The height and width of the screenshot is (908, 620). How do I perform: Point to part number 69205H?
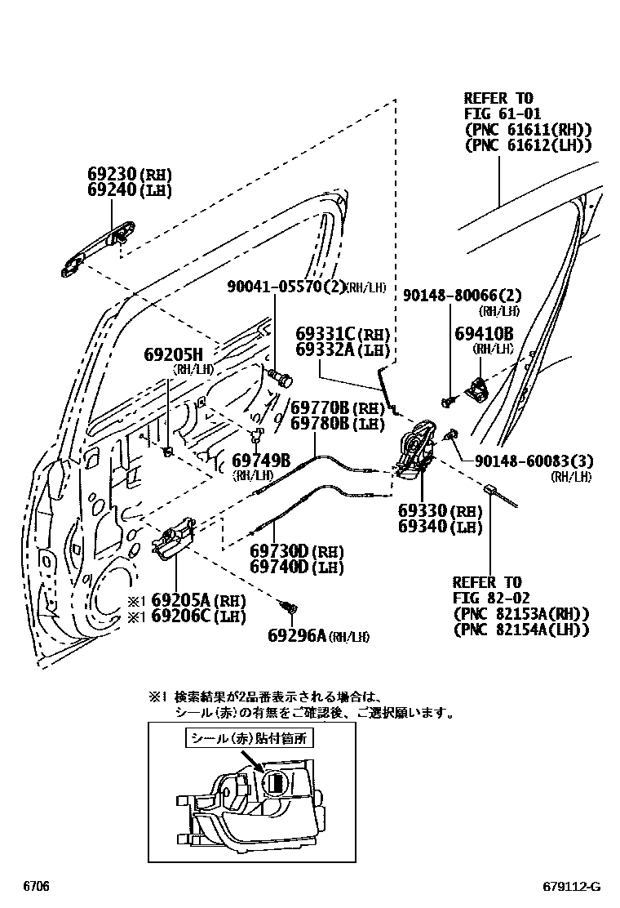tap(172, 354)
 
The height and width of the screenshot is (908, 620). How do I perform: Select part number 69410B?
tap(485, 333)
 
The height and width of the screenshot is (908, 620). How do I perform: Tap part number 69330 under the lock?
tap(421, 510)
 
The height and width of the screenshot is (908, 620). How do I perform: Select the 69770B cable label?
tap(320, 407)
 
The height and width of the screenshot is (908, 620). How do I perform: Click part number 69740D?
tap(278, 567)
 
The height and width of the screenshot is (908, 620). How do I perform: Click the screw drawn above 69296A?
tap(288, 607)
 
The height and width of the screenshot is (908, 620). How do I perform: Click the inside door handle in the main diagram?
tap(174, 540)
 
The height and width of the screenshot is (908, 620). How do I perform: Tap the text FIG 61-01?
tap(503, 114)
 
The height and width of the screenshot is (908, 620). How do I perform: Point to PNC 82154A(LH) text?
tap(520, 630)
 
